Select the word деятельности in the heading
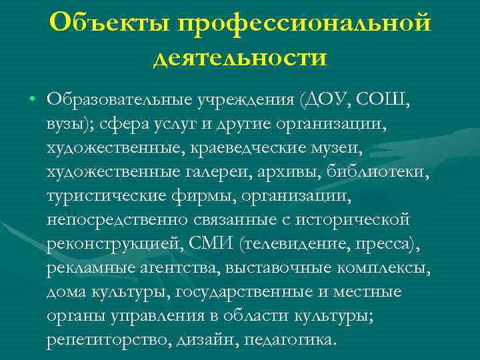tap(240, 57)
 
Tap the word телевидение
tap(298, 243)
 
